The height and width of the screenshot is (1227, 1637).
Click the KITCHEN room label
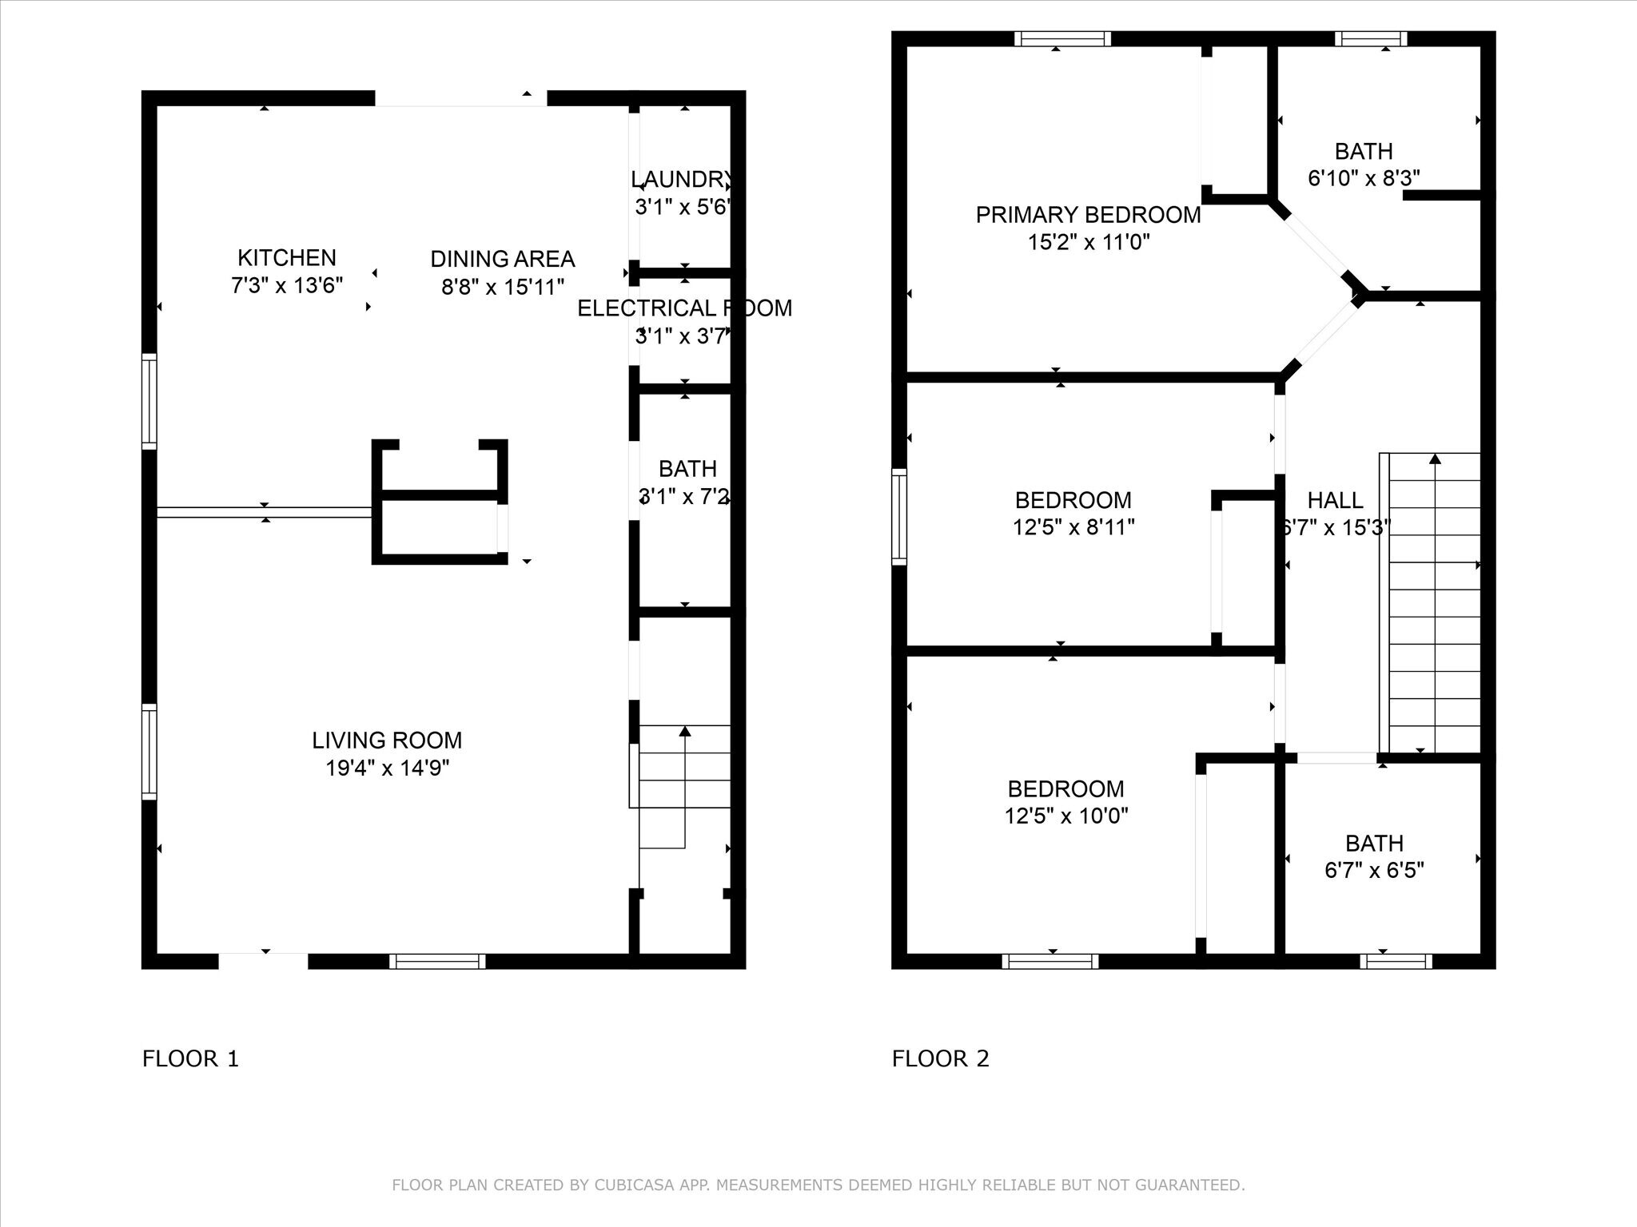286,258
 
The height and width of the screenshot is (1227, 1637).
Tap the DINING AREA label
502,259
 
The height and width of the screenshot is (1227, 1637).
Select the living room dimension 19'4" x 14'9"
387,768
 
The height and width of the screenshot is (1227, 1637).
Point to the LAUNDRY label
681,179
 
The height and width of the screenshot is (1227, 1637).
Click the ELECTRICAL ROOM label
684,308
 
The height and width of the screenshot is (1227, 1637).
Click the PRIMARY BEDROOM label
1088,215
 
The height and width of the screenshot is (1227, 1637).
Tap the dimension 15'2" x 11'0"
1088,242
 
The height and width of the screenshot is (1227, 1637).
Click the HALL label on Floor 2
1335,501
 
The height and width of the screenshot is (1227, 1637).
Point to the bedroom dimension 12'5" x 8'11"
1073,527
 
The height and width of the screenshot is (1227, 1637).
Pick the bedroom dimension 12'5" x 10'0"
1066,816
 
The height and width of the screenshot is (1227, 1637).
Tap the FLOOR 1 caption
190,1058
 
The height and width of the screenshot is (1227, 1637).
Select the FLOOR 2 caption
940,1058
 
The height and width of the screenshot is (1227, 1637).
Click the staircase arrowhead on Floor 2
1435,459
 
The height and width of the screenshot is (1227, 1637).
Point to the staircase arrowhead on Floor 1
685,730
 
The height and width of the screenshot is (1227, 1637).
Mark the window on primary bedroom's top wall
1062,38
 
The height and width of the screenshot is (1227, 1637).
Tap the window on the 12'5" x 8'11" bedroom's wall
899,517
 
